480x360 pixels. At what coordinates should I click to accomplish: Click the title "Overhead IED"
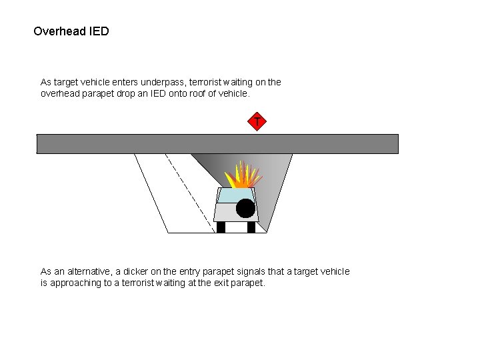tap(71, 31)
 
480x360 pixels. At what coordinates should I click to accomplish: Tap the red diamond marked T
tap(257, 122)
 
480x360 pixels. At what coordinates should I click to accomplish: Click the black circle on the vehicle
tap(245, 209)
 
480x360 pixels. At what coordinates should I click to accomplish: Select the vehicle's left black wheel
tap(221, 227)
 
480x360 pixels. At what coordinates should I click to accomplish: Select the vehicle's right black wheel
tap(251, 227)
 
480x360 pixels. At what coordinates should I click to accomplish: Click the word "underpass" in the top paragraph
tap(163, 82)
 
